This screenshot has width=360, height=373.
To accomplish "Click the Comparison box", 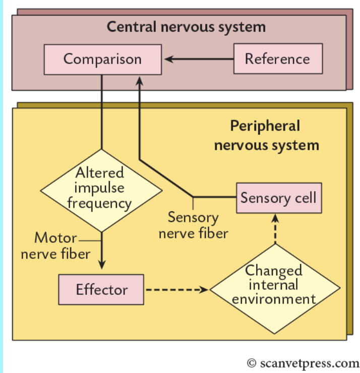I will click(x=102, y=59).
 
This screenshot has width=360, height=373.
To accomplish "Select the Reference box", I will click(x=277, y=59).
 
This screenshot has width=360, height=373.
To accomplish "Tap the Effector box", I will click(x=101, y=290).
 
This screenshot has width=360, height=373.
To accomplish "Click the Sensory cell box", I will click(x=279, y=198).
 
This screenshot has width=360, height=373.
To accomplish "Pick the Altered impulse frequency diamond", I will click(x=102, y=189).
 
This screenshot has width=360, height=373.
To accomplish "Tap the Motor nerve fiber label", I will click(x=55, y=245).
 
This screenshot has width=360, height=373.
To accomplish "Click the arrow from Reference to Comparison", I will click(x=199, y=59).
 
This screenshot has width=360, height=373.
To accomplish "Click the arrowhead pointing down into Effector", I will click(x=102, y=265).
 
